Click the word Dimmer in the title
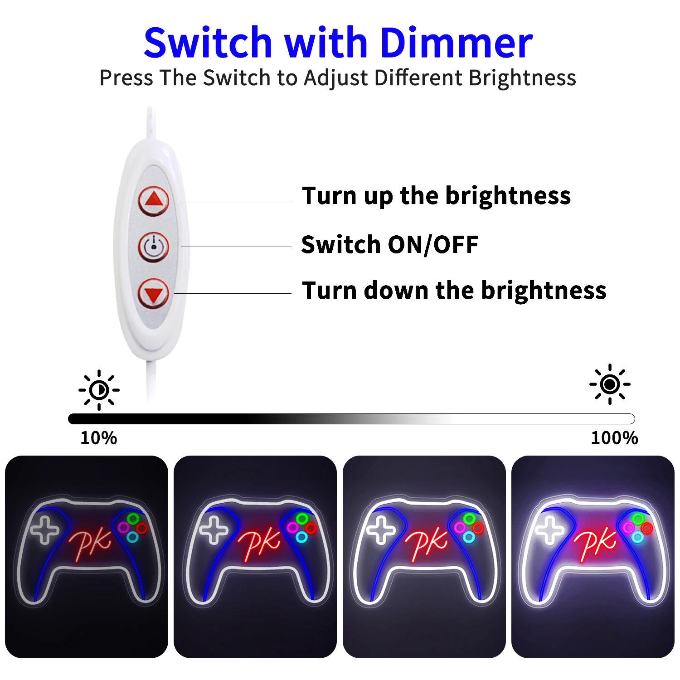[456, 43]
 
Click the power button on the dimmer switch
[154, 247]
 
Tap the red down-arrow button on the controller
[154, 293]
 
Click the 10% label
[98, 438]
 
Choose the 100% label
[614, 438]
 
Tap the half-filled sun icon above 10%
[99, 390]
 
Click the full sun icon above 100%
[610, 384]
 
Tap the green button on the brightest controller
[638, 519]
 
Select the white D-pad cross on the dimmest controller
[44, 529]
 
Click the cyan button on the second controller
[301, 537]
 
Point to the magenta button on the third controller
[460, 528]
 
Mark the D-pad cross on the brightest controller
[550, 529]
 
